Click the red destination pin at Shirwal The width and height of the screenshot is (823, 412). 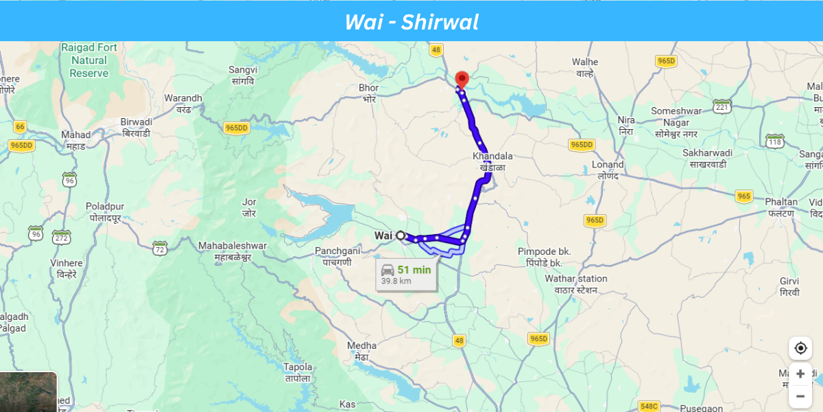click(462, 79)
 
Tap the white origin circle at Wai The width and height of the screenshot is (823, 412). click(401, 236)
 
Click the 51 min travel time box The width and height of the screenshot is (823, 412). click(407, 274)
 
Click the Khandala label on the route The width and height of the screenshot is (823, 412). click(492, 161)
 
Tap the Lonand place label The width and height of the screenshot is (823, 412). click(608, 170)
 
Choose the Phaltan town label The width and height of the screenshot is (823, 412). click(782, 207)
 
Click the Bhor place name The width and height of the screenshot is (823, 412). click(369, 93)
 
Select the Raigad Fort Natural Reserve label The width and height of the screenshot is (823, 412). click(89, 60)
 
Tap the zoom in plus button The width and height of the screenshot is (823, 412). click(800, 374)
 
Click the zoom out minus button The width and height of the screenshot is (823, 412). click(800, 396)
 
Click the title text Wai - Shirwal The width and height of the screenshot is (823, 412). click(411, 21)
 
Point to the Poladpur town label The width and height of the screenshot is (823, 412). click(105, 211)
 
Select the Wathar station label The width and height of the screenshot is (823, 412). click(576, 284)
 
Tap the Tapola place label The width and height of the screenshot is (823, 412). click(298, 372)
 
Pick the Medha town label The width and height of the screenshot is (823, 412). click(361, 350)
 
